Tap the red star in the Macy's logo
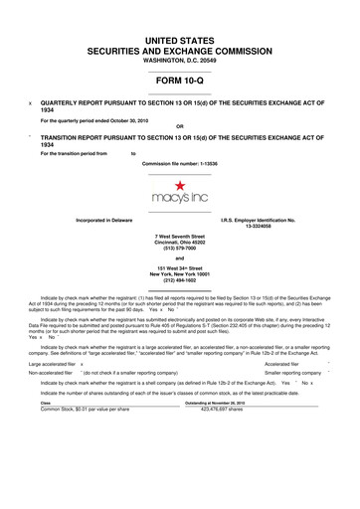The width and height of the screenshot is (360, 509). (x=180, y=185)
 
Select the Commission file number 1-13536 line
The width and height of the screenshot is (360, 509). (x=179, y=162)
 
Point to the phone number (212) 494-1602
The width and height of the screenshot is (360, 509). (x=180, y=281)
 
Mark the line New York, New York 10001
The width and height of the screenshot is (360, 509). (x=180, y=274)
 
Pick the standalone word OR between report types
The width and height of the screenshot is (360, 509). (x=179, y=125)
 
